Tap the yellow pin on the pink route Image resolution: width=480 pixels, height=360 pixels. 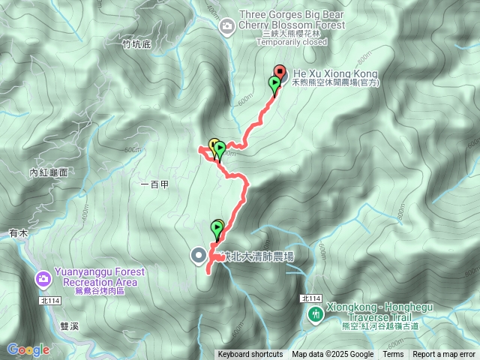click(213, 145)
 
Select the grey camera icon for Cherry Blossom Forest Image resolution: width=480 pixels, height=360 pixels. click(226, 28)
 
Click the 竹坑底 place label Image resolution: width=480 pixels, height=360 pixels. click(136, 44)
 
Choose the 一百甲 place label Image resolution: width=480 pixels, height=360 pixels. click(154, 184)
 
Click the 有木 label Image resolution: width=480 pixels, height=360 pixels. click(19, 234)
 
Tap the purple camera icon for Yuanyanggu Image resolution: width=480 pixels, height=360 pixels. click(43, 280)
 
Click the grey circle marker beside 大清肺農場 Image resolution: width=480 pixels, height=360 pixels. click(199, 256)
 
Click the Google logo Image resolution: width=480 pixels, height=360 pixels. click(28, 349)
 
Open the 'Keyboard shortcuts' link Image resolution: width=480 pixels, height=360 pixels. click(250, 355)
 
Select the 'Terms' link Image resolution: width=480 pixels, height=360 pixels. click(393, 355)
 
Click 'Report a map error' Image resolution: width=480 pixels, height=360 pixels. click(444, 355)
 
